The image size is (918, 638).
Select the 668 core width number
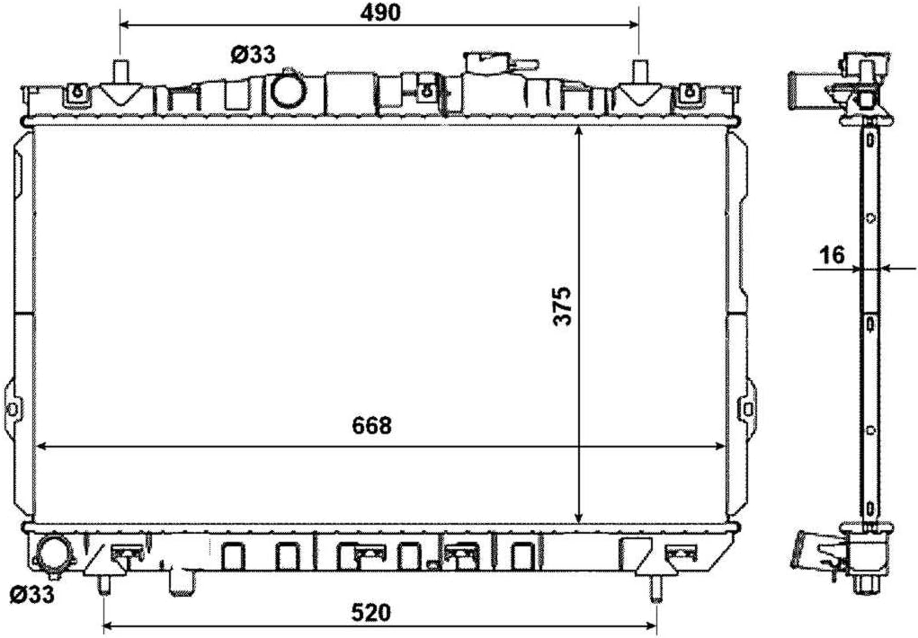pos(372,426)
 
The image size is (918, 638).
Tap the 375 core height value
pos(563,306)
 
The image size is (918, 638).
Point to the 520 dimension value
pos(370,613)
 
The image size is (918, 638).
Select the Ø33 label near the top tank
pos(253,55)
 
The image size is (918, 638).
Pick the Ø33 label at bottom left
pos(32,594)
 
